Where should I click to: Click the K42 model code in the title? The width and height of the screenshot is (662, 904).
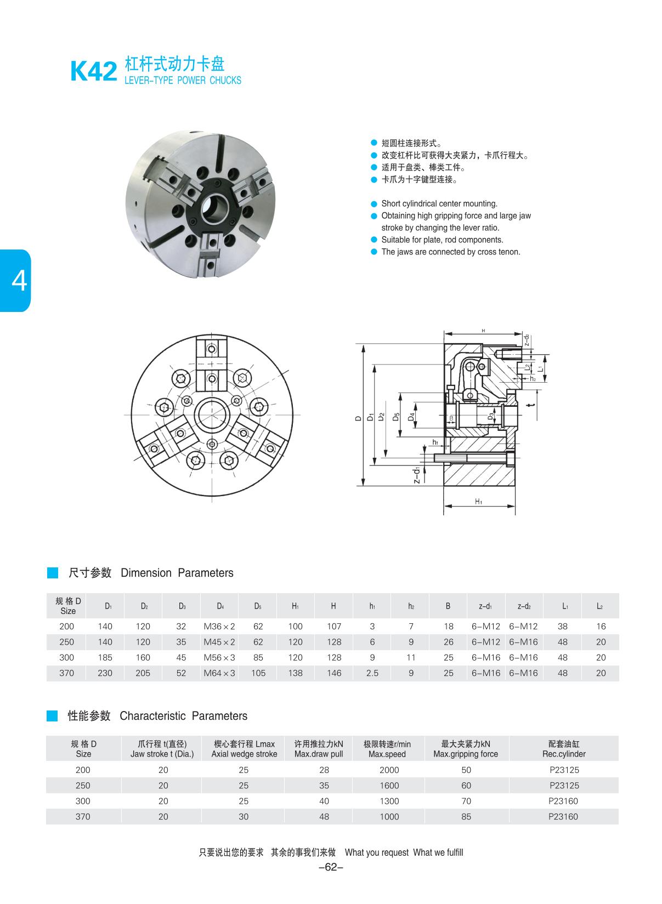coord(94,72)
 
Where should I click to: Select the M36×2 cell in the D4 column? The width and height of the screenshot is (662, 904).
coord(219,626)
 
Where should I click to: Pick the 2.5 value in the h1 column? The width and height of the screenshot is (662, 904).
coord(372,673)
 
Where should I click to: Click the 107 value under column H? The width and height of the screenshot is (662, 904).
coord(333,626)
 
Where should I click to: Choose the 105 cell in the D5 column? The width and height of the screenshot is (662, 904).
coord(258,673)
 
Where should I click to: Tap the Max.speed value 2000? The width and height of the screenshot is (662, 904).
coord(389,770)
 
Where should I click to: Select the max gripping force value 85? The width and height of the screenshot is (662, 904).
coord(466,816)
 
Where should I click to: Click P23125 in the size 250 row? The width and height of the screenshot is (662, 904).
coord(564,785)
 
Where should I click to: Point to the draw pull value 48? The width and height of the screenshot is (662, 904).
coord(324,816)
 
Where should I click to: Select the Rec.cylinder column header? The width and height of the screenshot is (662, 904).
coord(564,749)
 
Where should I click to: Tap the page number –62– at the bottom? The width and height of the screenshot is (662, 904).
coord(331,867)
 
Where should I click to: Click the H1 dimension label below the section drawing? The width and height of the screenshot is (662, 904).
coord(478,501)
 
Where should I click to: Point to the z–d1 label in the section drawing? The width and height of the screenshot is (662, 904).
coord(417,475)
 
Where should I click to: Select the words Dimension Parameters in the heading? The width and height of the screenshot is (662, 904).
coord(177,573)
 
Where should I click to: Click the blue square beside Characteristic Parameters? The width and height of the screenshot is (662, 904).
coord(52,716)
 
